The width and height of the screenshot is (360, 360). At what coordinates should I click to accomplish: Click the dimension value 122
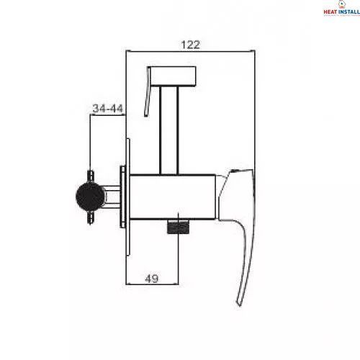190,45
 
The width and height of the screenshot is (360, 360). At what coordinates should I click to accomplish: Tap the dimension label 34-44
108,109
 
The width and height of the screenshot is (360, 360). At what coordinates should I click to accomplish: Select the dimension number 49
152,279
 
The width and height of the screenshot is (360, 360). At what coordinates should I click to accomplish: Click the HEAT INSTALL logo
341,9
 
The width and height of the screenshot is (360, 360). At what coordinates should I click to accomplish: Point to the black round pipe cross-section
91,197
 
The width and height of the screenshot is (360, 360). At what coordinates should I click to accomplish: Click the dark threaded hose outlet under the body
178,227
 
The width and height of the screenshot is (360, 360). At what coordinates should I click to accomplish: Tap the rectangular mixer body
172,197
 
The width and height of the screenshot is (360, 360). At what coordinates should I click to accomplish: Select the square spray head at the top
173,76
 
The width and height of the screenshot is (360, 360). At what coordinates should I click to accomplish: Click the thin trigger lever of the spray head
148,91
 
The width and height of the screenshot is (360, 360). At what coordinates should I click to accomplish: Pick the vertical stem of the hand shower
169,130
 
